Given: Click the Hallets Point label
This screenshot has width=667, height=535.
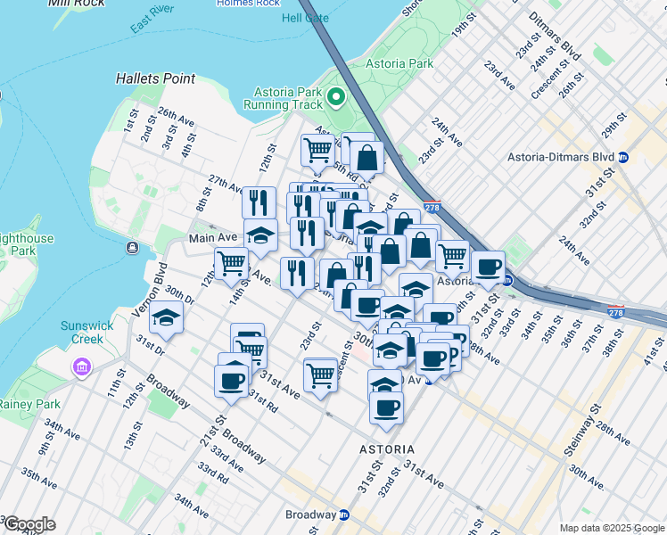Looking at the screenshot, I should click(155, 78).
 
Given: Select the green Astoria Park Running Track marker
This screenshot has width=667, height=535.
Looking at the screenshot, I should click(337, 96).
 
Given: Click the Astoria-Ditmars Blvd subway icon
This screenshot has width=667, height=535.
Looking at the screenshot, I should click(624, 157).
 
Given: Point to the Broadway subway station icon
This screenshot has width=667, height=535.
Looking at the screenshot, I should click(344, 514).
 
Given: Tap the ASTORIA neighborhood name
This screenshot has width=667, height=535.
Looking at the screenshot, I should click(385, 449).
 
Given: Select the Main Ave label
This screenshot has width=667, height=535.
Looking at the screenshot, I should click(213, 238).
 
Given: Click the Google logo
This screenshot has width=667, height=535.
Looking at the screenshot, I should click(29, 524).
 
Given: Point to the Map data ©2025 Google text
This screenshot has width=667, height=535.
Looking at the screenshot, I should click(612, 528).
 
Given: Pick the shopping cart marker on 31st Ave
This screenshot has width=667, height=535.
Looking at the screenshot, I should click(320, 375).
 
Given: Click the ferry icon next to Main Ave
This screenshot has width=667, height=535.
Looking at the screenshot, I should click(132, 247).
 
